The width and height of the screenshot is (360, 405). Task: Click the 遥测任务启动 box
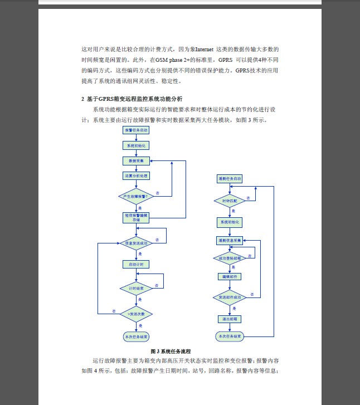point(230,179)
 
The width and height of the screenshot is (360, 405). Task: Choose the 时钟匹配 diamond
point(230,200)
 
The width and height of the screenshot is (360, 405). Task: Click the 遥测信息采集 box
point(230,241)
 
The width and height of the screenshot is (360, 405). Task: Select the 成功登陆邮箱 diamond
point(230,258)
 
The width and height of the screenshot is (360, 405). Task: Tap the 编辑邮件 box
point(230,276)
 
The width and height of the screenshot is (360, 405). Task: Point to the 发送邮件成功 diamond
point(230,297)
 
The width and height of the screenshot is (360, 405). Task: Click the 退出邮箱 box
point(230,319)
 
